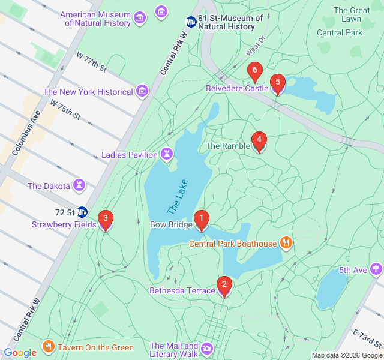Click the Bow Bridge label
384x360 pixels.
pos(171,226)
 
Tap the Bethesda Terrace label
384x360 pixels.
pos(182,291)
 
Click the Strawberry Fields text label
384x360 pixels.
pos(64,225)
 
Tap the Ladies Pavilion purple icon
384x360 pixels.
pos(166,155)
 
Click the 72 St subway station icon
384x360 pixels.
pos(82,212)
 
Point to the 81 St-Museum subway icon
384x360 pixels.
pos(191,22)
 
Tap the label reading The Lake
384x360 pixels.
pos(178,197)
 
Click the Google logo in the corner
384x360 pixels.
pos(20,353)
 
